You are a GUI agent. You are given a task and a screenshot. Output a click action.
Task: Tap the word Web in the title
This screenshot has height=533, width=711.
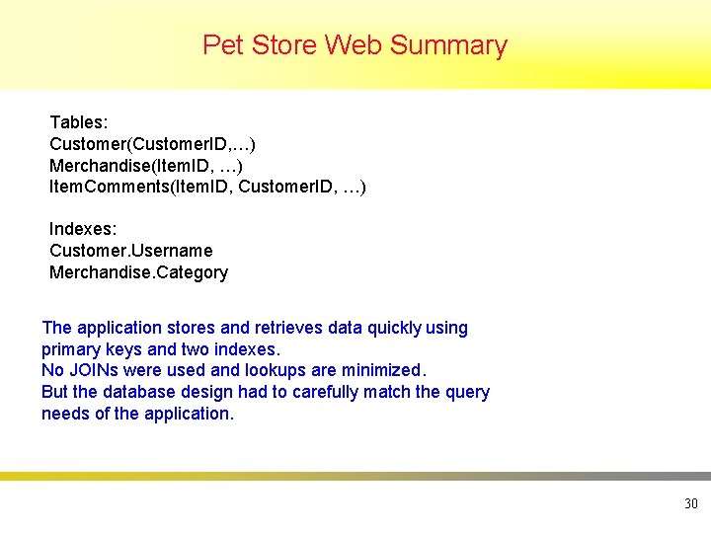tap(354, 45)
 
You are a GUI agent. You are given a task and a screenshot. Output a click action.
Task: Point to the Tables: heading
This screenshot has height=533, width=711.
tap(79, 122)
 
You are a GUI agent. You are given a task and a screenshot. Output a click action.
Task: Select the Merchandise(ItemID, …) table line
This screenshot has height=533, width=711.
tap(145, 166)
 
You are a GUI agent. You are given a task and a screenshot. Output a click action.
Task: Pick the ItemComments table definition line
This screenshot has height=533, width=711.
tap(207, 187)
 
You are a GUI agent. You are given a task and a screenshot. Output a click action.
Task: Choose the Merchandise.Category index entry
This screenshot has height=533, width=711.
tap(138, 272)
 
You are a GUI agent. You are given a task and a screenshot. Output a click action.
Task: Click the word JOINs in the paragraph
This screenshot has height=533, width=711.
tap(94, 370)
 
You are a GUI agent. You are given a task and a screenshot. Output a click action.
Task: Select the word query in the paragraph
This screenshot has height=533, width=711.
tap(467, 392)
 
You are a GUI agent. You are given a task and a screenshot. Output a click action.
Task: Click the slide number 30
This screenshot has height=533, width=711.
tap(690, 504)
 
